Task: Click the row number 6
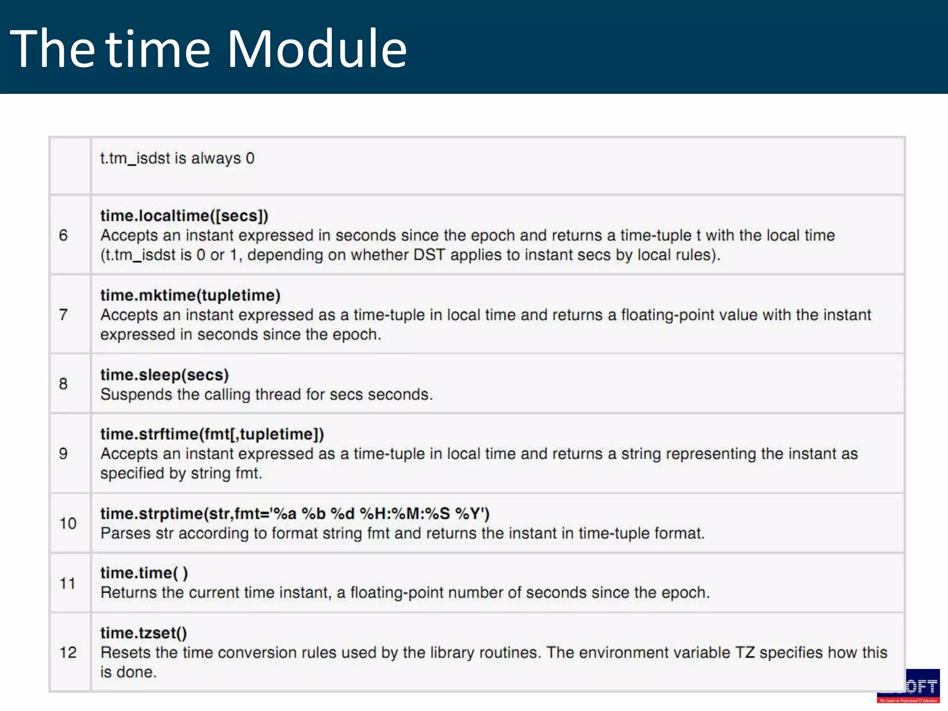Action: (63, 235)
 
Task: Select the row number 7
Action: (63, 315)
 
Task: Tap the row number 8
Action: (63, 384)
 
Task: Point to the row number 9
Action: (63, 454)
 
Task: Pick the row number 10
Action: (68, 524)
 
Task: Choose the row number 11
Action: (68, 583)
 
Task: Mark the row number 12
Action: (68, 653)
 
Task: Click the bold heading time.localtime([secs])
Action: (184, 216)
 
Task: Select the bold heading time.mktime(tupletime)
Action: (190, 295)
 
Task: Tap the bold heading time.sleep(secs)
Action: (164, 375)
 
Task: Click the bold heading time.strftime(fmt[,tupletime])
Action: (212, 434)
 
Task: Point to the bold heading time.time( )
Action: (144, 573)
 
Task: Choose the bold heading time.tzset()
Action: (143, 633)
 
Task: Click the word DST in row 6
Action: (429, 255)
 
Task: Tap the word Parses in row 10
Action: (125, 533)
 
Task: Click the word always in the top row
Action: (216, 158)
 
